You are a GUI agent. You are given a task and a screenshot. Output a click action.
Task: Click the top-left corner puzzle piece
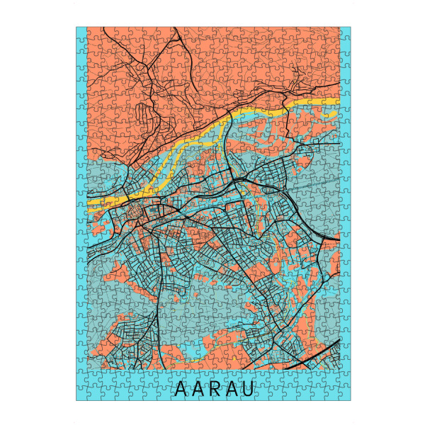81,33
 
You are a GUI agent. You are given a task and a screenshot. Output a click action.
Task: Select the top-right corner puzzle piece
345,33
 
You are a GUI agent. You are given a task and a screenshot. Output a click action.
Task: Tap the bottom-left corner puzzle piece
81,395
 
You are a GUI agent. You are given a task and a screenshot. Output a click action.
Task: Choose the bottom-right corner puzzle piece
345,395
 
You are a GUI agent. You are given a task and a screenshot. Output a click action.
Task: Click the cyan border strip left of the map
81,212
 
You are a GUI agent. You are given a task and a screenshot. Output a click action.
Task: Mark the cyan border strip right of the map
346,212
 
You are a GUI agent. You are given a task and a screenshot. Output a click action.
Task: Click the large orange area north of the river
212,64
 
